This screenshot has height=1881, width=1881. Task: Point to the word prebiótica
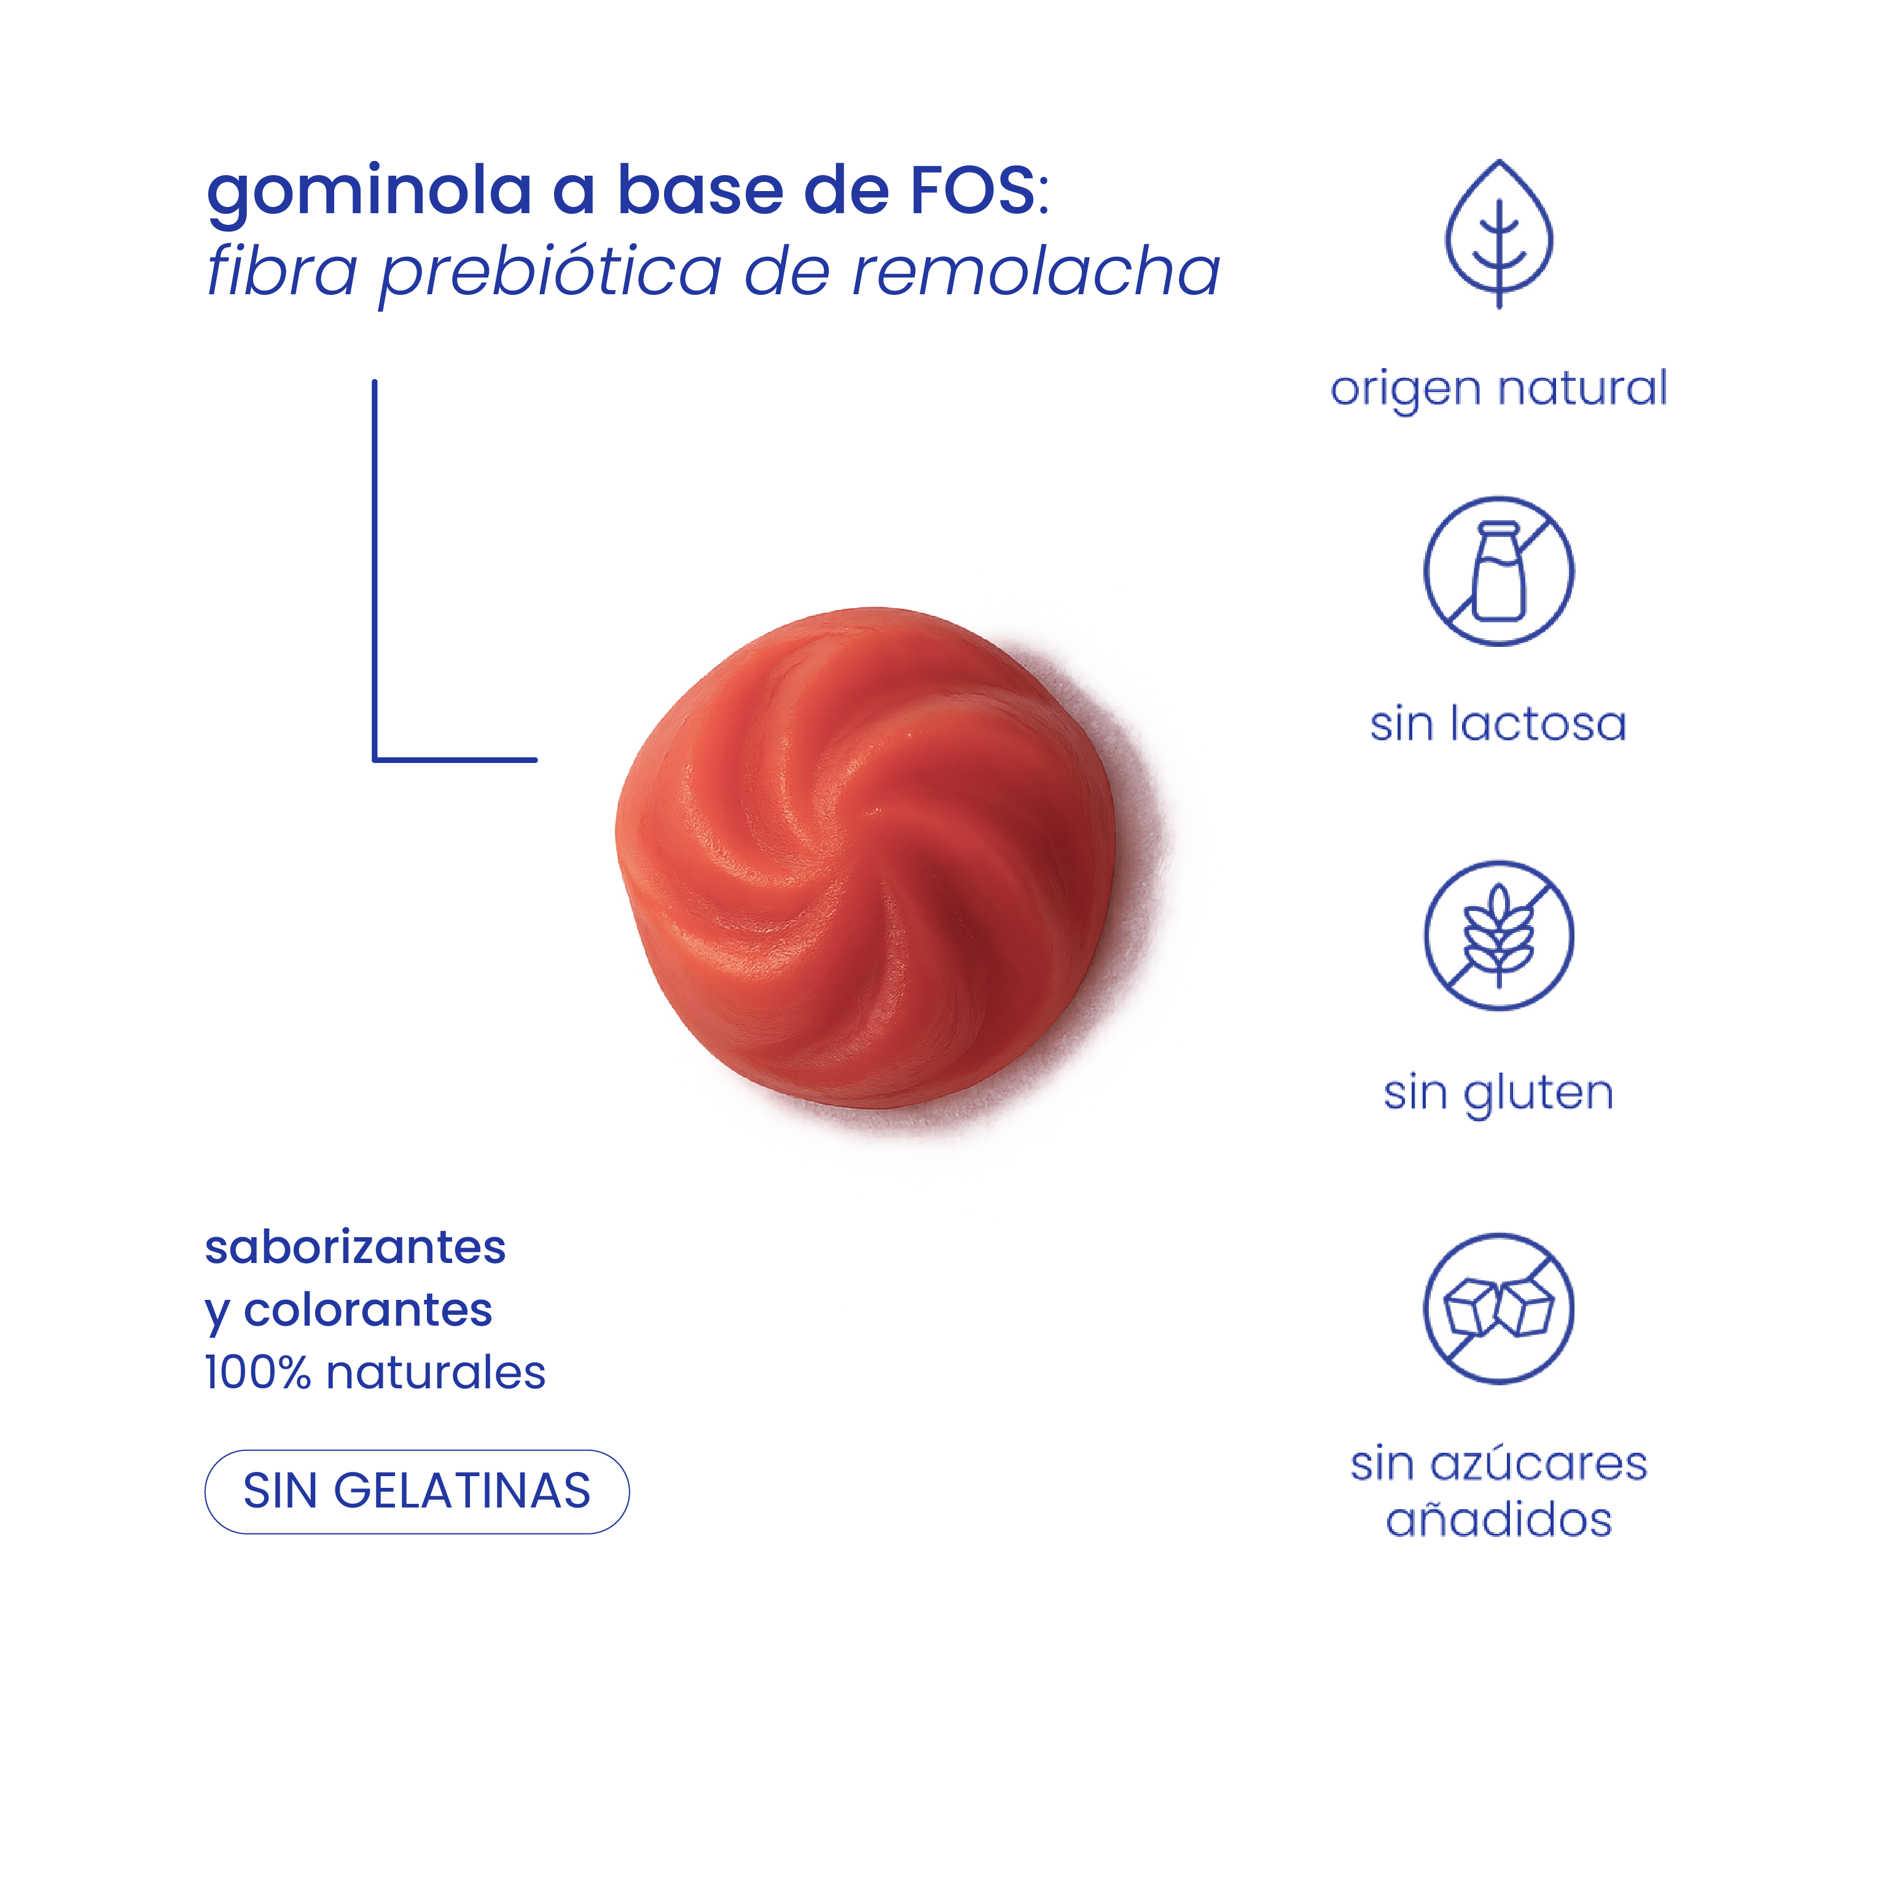[550, 273]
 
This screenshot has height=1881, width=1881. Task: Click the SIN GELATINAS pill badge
[416, 1492]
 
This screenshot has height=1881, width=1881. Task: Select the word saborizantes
[355, 1248]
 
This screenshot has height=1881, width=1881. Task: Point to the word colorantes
[368, 1310]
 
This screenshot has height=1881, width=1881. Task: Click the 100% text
[257, 1373]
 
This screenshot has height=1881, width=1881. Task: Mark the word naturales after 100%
[435, 1373]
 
